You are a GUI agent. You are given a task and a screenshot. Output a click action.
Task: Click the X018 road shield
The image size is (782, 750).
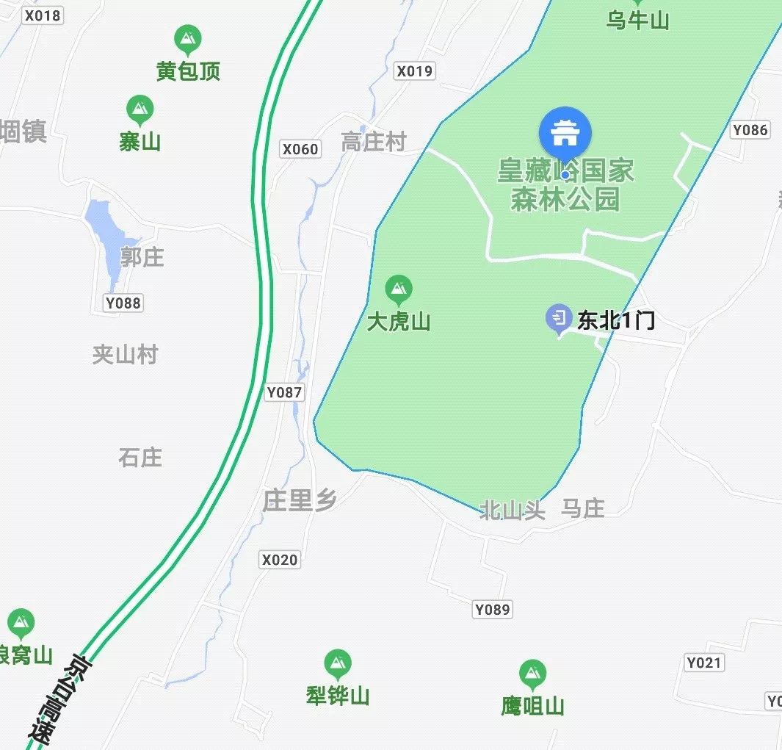[43, 15]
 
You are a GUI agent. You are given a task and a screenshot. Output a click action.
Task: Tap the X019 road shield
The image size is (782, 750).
[415, 71]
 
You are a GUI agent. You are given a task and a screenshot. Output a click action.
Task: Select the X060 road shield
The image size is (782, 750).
[300, 150]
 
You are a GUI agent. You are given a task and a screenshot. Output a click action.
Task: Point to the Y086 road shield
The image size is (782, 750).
[750, 130]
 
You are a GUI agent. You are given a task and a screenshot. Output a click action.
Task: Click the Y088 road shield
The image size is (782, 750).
[123, 303]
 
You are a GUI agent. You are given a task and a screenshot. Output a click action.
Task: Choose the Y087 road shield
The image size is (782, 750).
[284, 392]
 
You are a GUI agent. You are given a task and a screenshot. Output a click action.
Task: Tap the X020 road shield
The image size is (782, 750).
[280, 560]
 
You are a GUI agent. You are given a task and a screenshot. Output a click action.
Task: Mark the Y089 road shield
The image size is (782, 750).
[492, 609]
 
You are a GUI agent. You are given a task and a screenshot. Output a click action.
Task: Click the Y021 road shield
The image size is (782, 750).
[704, 663]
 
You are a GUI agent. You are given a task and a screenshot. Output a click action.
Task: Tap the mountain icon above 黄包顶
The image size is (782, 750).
[189, 40]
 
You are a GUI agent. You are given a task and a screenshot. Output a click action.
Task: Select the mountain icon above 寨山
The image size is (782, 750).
[140, 110]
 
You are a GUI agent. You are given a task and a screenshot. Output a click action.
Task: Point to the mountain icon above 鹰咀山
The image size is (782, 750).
[532, 674]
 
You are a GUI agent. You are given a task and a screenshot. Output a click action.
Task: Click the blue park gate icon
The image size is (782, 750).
[565, 133]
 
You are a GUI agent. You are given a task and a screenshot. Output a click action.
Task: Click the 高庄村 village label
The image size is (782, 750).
[374, 142]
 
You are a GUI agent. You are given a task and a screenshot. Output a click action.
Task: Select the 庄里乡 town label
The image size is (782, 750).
[300, 501]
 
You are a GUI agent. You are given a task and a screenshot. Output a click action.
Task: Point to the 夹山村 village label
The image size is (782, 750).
[125, 355]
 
